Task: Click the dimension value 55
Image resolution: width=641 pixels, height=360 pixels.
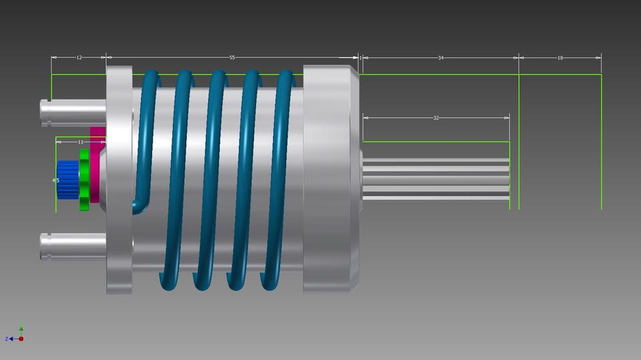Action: pyautogui.click(x=232, y=58)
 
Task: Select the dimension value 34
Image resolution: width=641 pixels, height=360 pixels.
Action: pyautogui.click(x=441, y=58)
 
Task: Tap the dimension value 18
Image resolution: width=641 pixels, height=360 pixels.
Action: pyautogui.click(x=560, y=58)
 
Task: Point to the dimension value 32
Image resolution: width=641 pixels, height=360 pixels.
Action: pyautogui.click(x=436, y=118)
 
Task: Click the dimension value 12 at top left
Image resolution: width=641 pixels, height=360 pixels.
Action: pyautogui.click(x=79, y=58)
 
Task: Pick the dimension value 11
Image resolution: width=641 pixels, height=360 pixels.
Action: pyautogui.click(x=81, y=142)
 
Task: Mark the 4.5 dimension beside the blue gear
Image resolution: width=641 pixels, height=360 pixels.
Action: pyautogui.click(x=56, y=180)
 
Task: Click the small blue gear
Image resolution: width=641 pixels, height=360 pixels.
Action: pyautogui.click(x=67, y=180)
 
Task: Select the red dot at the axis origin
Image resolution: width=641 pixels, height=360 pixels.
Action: pyautogui.click(x=21, y=339)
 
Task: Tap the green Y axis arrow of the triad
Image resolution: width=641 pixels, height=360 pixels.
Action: pyautogui.click(x=21, y=329)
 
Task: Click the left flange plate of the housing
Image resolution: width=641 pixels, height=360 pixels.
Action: pyautogui.click(x=120, y=180)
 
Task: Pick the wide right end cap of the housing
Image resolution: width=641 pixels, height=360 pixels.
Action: pyautogui.click(x=331, y=179)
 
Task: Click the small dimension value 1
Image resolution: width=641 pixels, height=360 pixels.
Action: pyautogui.click(x=361, y=58)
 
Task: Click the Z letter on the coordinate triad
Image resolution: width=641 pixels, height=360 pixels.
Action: pyautogui.click(x=7, y=339)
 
